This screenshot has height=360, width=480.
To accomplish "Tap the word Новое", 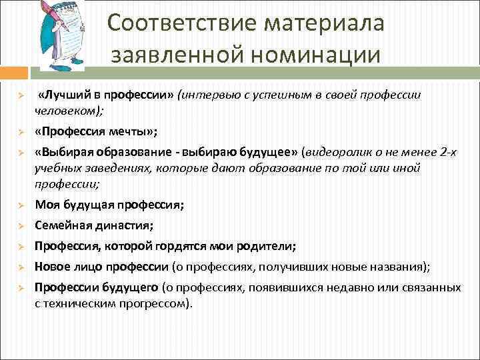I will pos(51,267).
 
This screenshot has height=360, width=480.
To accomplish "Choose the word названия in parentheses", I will pos(399,267).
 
